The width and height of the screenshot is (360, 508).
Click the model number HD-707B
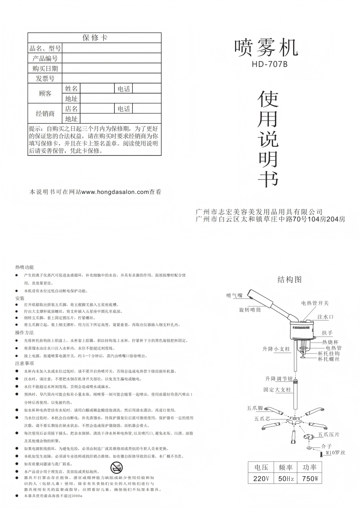click(269, 65)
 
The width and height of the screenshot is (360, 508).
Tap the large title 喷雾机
click(266, 47)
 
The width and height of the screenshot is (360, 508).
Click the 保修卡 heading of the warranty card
click(95, 38)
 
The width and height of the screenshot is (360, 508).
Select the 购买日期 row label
click(45, 69)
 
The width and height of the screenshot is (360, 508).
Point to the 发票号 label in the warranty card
click(45, 78)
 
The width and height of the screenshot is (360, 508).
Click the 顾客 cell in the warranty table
click(45, 94)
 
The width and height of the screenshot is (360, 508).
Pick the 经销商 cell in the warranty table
click(45, 113)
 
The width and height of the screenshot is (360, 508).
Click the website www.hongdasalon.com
click(115, 192)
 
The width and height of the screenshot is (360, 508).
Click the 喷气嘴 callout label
click(234, 295)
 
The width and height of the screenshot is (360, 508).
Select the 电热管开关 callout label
click(315, 303)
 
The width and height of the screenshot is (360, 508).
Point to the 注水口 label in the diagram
click(326, 317)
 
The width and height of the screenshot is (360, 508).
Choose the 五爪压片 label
click(329, 434)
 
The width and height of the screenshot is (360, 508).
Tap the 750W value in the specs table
click(310, 479)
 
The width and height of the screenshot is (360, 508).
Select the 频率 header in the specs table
click(285, 468)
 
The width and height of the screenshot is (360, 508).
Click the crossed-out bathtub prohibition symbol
click(116, 468)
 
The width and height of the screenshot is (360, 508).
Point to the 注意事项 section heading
click(25, 363)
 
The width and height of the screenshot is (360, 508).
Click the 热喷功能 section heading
click(25, 268)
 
